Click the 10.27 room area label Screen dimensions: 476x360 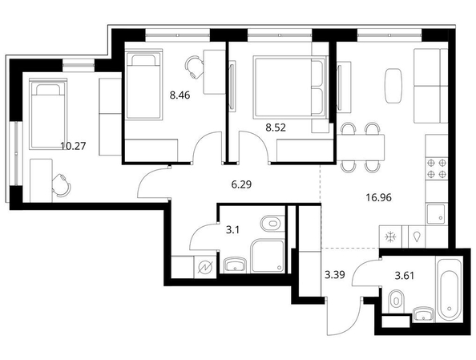coord(73,146)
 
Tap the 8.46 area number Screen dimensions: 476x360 coord(180,95)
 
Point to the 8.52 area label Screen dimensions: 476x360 coord(276,127)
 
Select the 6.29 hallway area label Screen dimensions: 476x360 coord(241,184)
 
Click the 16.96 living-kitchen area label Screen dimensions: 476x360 coord(378,198)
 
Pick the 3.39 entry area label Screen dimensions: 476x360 coord(335,275)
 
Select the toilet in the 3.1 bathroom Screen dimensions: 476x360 coord(272,224)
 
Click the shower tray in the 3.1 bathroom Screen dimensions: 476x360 coord(268,256)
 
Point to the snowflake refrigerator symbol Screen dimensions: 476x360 coord(390,237)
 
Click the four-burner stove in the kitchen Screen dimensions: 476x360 coord(437,168)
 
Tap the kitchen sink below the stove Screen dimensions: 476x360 coord(436,214)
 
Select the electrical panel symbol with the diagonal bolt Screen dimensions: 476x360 coord(205,267)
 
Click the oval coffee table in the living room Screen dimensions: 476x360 coord(393,87)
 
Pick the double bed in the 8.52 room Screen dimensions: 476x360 coord(290,87)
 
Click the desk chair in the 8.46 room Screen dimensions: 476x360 coord(194,67)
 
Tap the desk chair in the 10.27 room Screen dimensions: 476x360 coord(61,185)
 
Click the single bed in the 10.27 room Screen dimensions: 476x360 coord(48,114)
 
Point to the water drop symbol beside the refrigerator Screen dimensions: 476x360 coord(418,237)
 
